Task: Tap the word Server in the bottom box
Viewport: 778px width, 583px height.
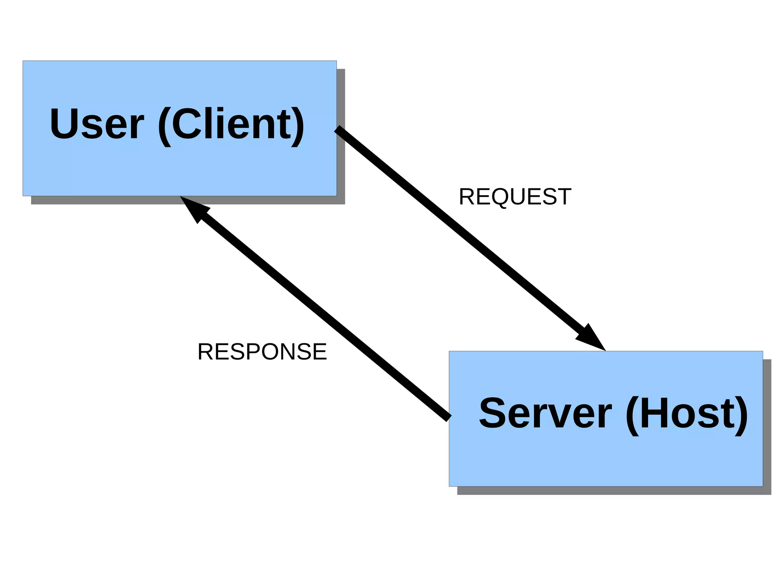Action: pyautogui.click(x=545, y=413)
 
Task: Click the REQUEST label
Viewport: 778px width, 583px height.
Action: pyautogui.click(x=515, y=197)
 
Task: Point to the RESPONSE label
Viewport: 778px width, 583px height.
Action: pyautogui.click(x=262, y=352)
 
